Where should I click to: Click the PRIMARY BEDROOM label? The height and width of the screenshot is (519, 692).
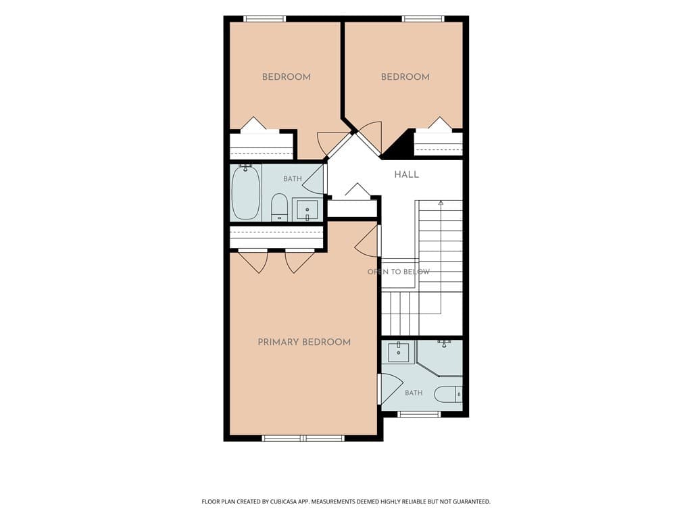304,342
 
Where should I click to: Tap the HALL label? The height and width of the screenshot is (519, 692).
406,175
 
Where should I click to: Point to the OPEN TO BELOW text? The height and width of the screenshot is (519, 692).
399,272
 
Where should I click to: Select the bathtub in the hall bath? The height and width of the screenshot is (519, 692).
246,193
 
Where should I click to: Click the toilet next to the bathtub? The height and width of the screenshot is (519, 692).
279,207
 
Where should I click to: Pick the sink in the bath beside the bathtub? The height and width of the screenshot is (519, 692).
307,209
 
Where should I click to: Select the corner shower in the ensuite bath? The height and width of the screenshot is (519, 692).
439,358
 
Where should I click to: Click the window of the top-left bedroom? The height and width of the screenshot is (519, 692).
265,19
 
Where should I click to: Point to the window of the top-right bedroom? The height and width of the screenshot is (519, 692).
423,19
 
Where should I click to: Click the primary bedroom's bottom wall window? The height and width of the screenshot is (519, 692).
303,438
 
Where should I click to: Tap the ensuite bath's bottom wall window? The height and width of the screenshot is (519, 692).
419,414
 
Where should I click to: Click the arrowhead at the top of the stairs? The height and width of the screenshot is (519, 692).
441,203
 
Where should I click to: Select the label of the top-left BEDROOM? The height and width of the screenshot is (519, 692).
287,77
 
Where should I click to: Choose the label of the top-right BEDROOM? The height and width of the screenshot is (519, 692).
405,77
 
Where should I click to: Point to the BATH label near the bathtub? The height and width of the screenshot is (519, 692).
293,178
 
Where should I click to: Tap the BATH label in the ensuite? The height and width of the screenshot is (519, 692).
414,393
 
